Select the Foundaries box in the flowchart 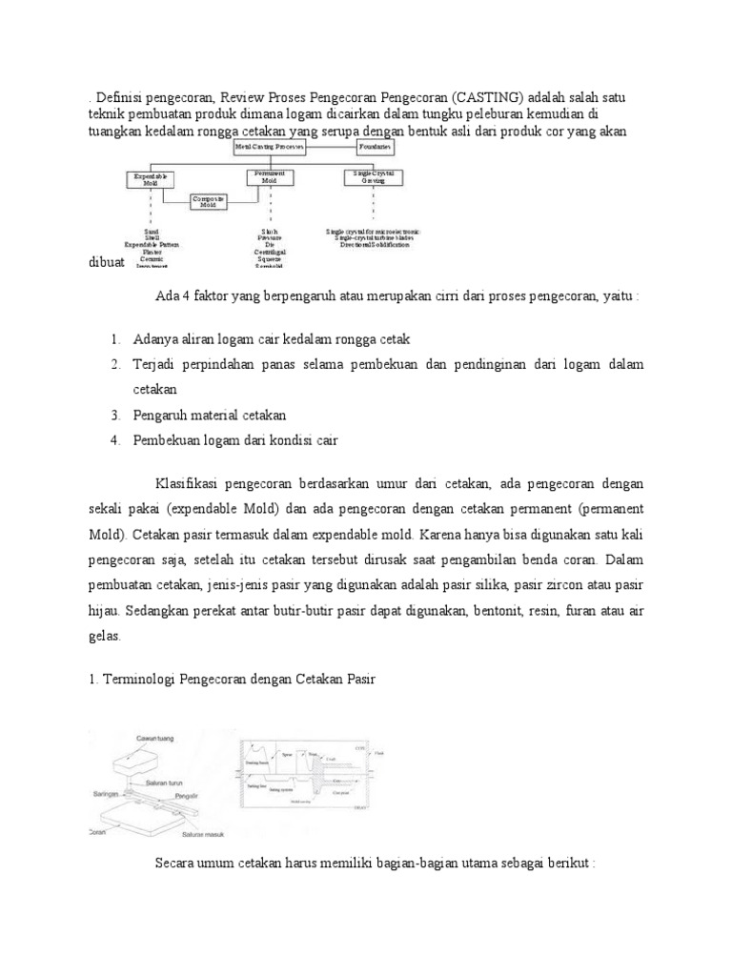pyautogui.click(x=377, y=149)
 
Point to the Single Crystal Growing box pyautogui.click(x=373, y=177)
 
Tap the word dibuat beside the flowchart pyautogui.click(x=106, y=261)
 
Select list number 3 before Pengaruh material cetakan pyautogui.click(x=113, y=415)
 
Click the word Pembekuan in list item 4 pyautogui.click(x=171, y=439)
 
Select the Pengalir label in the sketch pyautogui.click(x=214, y=793)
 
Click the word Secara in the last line pyautogui.click(x=174, y=863)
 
